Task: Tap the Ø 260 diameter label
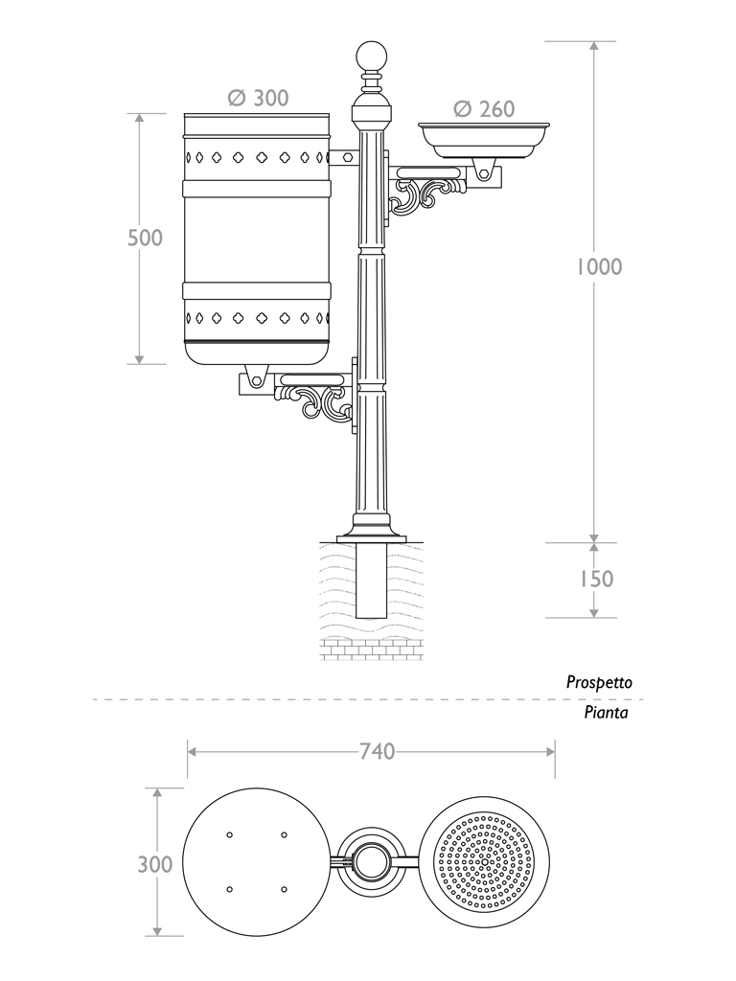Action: pyautogui.click(x=484, y=108)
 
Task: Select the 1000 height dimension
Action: pyautogui.click(x=599, y=266)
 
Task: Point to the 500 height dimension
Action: pyautogui.click(x=146, y=238)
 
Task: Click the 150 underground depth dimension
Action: pyautogui.click(x=595, y=579)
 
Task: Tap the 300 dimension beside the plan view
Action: pyautogui.click(x=155, y=864)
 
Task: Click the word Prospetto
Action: pyautogui.click(x=599, y=683)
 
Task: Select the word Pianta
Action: pyautogui.click(x=607, y=713)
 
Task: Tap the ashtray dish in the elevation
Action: pyautogui.click(x=485, y=139)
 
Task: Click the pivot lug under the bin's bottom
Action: pyautogui.click(x=256, y=376)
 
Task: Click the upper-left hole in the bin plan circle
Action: pyautogui.click(x=229, y=835)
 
